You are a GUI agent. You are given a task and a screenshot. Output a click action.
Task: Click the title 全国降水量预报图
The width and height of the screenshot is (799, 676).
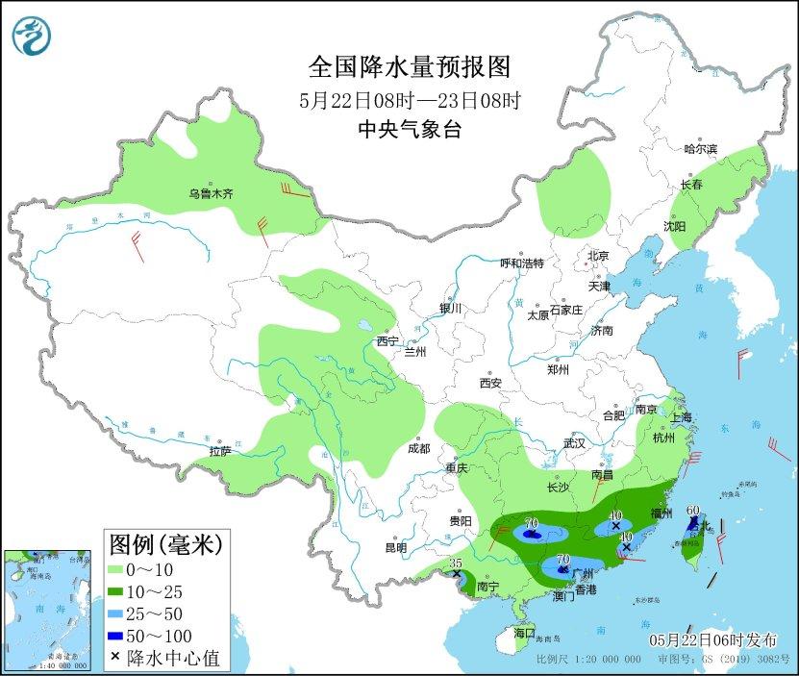coord(409,66)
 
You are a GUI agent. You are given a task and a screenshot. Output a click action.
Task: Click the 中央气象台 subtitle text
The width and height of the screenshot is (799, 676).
coord(409,130)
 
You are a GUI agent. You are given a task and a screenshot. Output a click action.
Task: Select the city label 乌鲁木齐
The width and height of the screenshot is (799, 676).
coord(211,193)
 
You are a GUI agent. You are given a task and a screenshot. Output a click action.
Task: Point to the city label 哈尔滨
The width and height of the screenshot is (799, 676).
coord(700,149)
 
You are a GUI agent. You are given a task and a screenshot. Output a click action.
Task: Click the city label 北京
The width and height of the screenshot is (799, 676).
coord(598,256)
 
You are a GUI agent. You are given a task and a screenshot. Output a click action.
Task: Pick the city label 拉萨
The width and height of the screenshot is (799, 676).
coord(219,451)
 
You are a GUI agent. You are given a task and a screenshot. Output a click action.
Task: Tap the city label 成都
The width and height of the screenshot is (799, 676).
coord(418,448)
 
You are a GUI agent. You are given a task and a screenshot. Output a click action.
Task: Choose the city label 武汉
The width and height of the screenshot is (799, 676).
coord(574,443)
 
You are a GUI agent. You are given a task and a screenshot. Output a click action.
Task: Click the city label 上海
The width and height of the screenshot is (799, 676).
coord(681,418)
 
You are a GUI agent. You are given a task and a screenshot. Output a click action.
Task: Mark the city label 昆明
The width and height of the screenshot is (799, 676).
coord(396,548)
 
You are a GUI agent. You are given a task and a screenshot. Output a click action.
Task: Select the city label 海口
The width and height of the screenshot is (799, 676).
coord(523,634)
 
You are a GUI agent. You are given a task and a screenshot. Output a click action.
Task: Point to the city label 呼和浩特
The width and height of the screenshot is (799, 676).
coord(522,263)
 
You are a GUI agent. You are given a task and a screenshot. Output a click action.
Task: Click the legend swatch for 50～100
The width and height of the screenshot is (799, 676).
coord(122,636)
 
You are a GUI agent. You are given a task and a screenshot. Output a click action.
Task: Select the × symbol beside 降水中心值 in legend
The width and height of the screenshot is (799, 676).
coord(115,658)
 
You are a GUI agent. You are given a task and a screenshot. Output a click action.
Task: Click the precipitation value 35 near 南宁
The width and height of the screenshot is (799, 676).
coord(457,563)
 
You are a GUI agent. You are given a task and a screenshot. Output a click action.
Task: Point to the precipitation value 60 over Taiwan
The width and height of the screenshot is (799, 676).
coord(692,510)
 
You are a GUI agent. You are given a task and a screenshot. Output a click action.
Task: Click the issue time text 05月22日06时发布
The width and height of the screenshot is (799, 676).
coord(712,640)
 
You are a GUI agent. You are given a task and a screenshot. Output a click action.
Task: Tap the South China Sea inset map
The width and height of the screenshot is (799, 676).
coord(48,610)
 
